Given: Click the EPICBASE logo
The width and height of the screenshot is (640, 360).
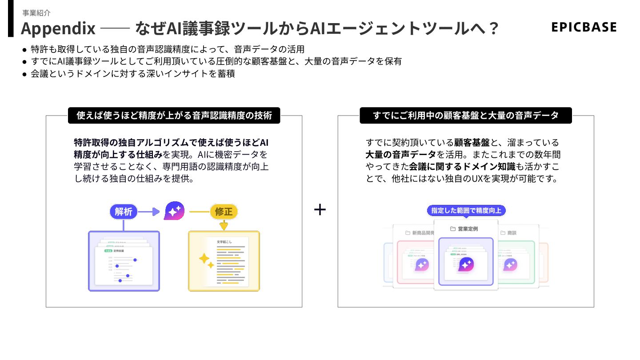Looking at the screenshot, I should coord(584,27).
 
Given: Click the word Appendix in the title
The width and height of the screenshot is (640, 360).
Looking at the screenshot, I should coord(58,28).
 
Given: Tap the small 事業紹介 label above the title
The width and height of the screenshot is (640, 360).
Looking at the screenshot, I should coord(36,13).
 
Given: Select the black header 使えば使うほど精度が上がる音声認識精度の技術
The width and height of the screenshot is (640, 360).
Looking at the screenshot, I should coord(174,116).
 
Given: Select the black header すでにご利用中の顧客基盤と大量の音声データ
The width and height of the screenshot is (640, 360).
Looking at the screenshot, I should coord(465,116).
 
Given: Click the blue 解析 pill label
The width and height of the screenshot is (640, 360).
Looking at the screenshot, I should coord(124,212).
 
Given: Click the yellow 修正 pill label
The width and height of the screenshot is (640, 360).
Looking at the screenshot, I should coord(224,212).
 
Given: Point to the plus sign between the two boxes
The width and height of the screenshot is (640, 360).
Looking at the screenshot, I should coord(320,210).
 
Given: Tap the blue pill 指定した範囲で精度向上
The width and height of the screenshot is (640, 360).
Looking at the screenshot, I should coord(466,210).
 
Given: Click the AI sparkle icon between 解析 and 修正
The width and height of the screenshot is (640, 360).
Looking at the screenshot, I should coord(174,211).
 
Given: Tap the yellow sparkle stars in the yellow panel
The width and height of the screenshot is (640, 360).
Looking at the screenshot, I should coord(206,260).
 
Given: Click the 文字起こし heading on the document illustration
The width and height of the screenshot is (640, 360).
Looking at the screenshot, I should coord(224,242).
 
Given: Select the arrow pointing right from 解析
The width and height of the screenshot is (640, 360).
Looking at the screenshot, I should coord(153,212).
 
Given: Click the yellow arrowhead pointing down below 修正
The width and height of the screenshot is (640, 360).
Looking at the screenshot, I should coord(224,226).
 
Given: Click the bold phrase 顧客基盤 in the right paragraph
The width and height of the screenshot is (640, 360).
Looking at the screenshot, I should coord(472,143).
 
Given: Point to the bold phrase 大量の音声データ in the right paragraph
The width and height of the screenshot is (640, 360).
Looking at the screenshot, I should coord(400,155).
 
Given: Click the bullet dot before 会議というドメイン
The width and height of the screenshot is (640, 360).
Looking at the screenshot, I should coord(24,74).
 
